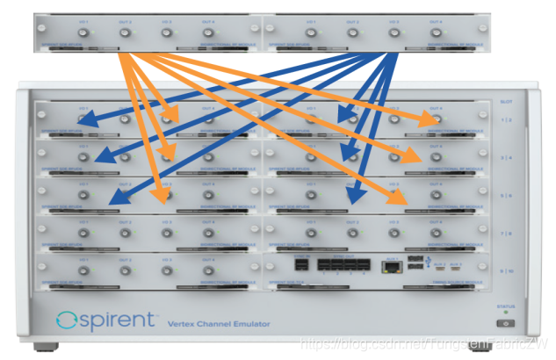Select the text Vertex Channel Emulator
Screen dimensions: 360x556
219,325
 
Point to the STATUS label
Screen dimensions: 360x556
505,307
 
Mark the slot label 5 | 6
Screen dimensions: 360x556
505,195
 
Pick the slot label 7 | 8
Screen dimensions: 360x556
505,233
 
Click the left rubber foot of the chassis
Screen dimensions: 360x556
53,345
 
